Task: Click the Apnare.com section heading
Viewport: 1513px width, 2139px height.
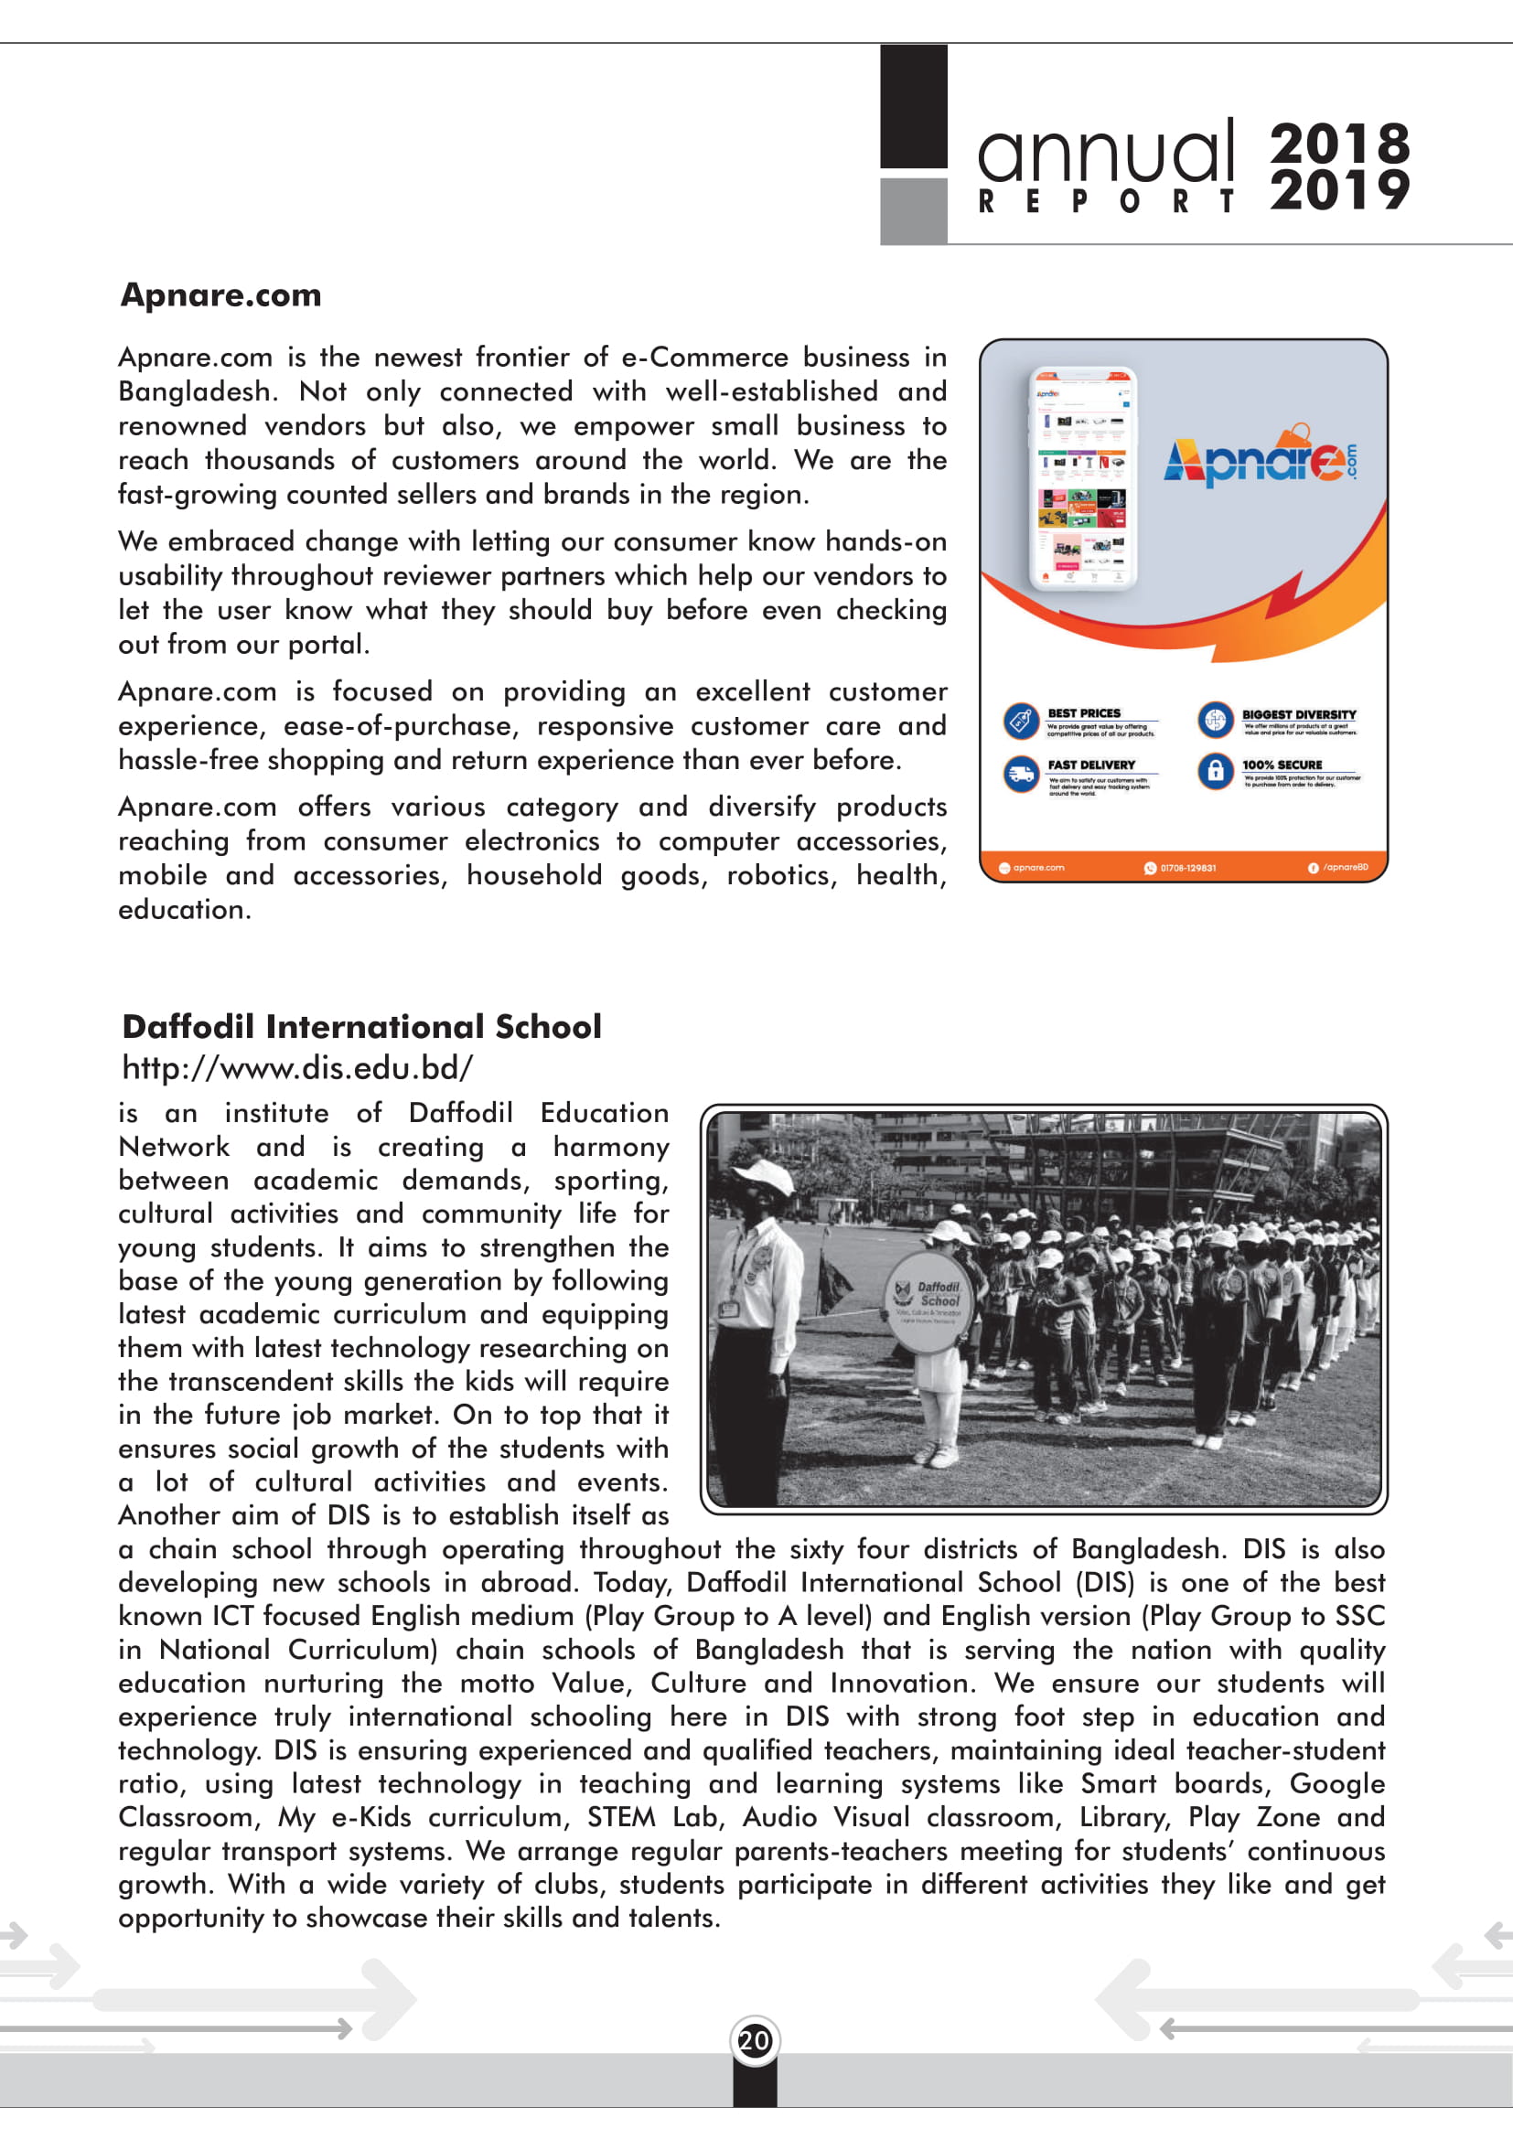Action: [x=220, y=295]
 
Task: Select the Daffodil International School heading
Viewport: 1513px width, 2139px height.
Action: [x=361, y=1027]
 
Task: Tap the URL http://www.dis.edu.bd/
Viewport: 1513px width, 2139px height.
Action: [x=297, y=1067]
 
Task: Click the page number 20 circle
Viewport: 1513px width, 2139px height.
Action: [x=755, y=2041]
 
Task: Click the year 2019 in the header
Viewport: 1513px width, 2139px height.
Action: [x=1340, y=190]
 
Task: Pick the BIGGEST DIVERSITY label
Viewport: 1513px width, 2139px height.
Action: [x=1299, y=714]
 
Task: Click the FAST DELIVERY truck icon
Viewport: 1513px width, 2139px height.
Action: [x=1021, y=774]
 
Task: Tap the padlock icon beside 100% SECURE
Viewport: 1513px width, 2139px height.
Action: [x=1215, y=770]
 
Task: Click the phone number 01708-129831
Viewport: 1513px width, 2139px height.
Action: [x=1187, y=868]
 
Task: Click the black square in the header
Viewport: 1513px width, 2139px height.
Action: [x=914, y=106]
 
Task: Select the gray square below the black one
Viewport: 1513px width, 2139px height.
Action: [x=914, y=210]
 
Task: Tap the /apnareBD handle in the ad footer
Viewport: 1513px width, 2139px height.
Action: [x=1345, y=867]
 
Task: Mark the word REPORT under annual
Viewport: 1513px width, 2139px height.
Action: [x=1106, y=201]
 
